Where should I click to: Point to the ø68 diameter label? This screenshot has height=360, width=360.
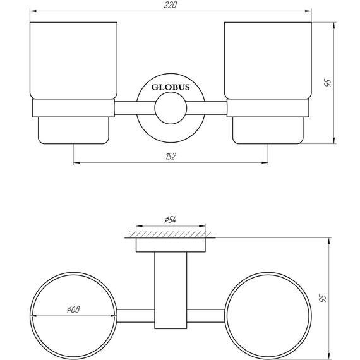tap(72, 309)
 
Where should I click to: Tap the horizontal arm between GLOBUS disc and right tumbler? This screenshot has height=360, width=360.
tap(208, 108)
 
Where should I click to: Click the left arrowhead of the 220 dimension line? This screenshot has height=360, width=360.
tap(33, 11)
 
